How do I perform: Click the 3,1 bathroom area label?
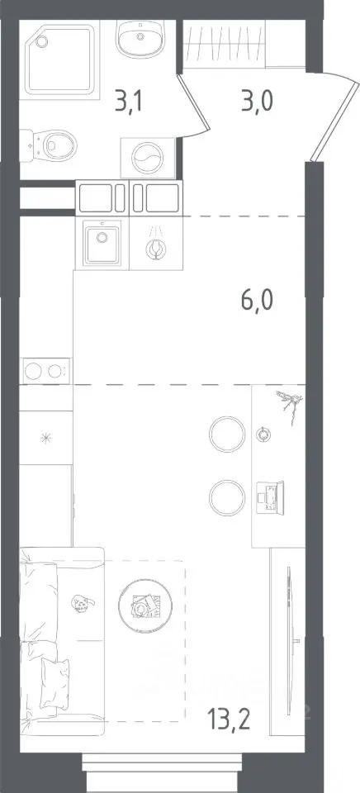click(x=129, y=102)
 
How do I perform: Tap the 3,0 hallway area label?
click(x=258, y=102)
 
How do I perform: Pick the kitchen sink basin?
click(x=102, y=245)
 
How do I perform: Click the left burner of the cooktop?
click(x=33, y=371)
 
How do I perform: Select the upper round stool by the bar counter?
click(x=227, y=434)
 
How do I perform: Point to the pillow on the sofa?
click(x=54, y=683)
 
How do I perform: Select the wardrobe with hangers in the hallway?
click(x=224, y=44)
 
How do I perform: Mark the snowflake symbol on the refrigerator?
click(x=46, y=439)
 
